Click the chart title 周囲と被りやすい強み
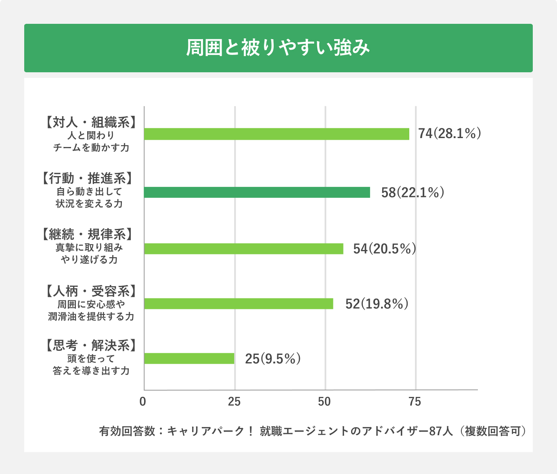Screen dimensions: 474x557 pyautogui.click(x=278, y=48)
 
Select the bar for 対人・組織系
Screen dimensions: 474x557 pyautogui.click(x=276, y=134)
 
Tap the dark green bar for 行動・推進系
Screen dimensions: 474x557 pyautogui.click(x=257, y=193)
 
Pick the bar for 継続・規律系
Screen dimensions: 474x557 pyautogui.click(x=243, y=249)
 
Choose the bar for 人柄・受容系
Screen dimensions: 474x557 pyautogui.click(x=239, y=304)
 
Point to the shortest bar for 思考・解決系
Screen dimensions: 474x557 pyautogui.click(x=189, y=359)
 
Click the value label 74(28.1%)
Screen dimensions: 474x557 pyautogui.click(x=449, y=134)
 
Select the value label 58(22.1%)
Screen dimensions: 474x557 pyautogui.click(x=413, y=193)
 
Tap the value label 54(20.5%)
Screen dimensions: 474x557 pyautogui.click(x=384, y=249)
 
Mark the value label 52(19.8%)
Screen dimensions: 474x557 pyautogui.click(x=377, y=304)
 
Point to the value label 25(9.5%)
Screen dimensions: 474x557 pyautogui.click(x=272, y=359)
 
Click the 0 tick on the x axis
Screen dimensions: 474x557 pyautogui.click(x=142, y=402)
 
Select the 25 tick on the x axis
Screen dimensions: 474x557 pyautogui.click(x=234, y=402)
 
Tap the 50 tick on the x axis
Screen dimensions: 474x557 pyautogui.click(x=325, y=402)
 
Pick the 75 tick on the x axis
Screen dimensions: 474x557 pyautogui.click(x=415, y=402)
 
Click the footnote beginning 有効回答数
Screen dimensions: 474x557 pyautogui.click(x=313, y=431)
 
